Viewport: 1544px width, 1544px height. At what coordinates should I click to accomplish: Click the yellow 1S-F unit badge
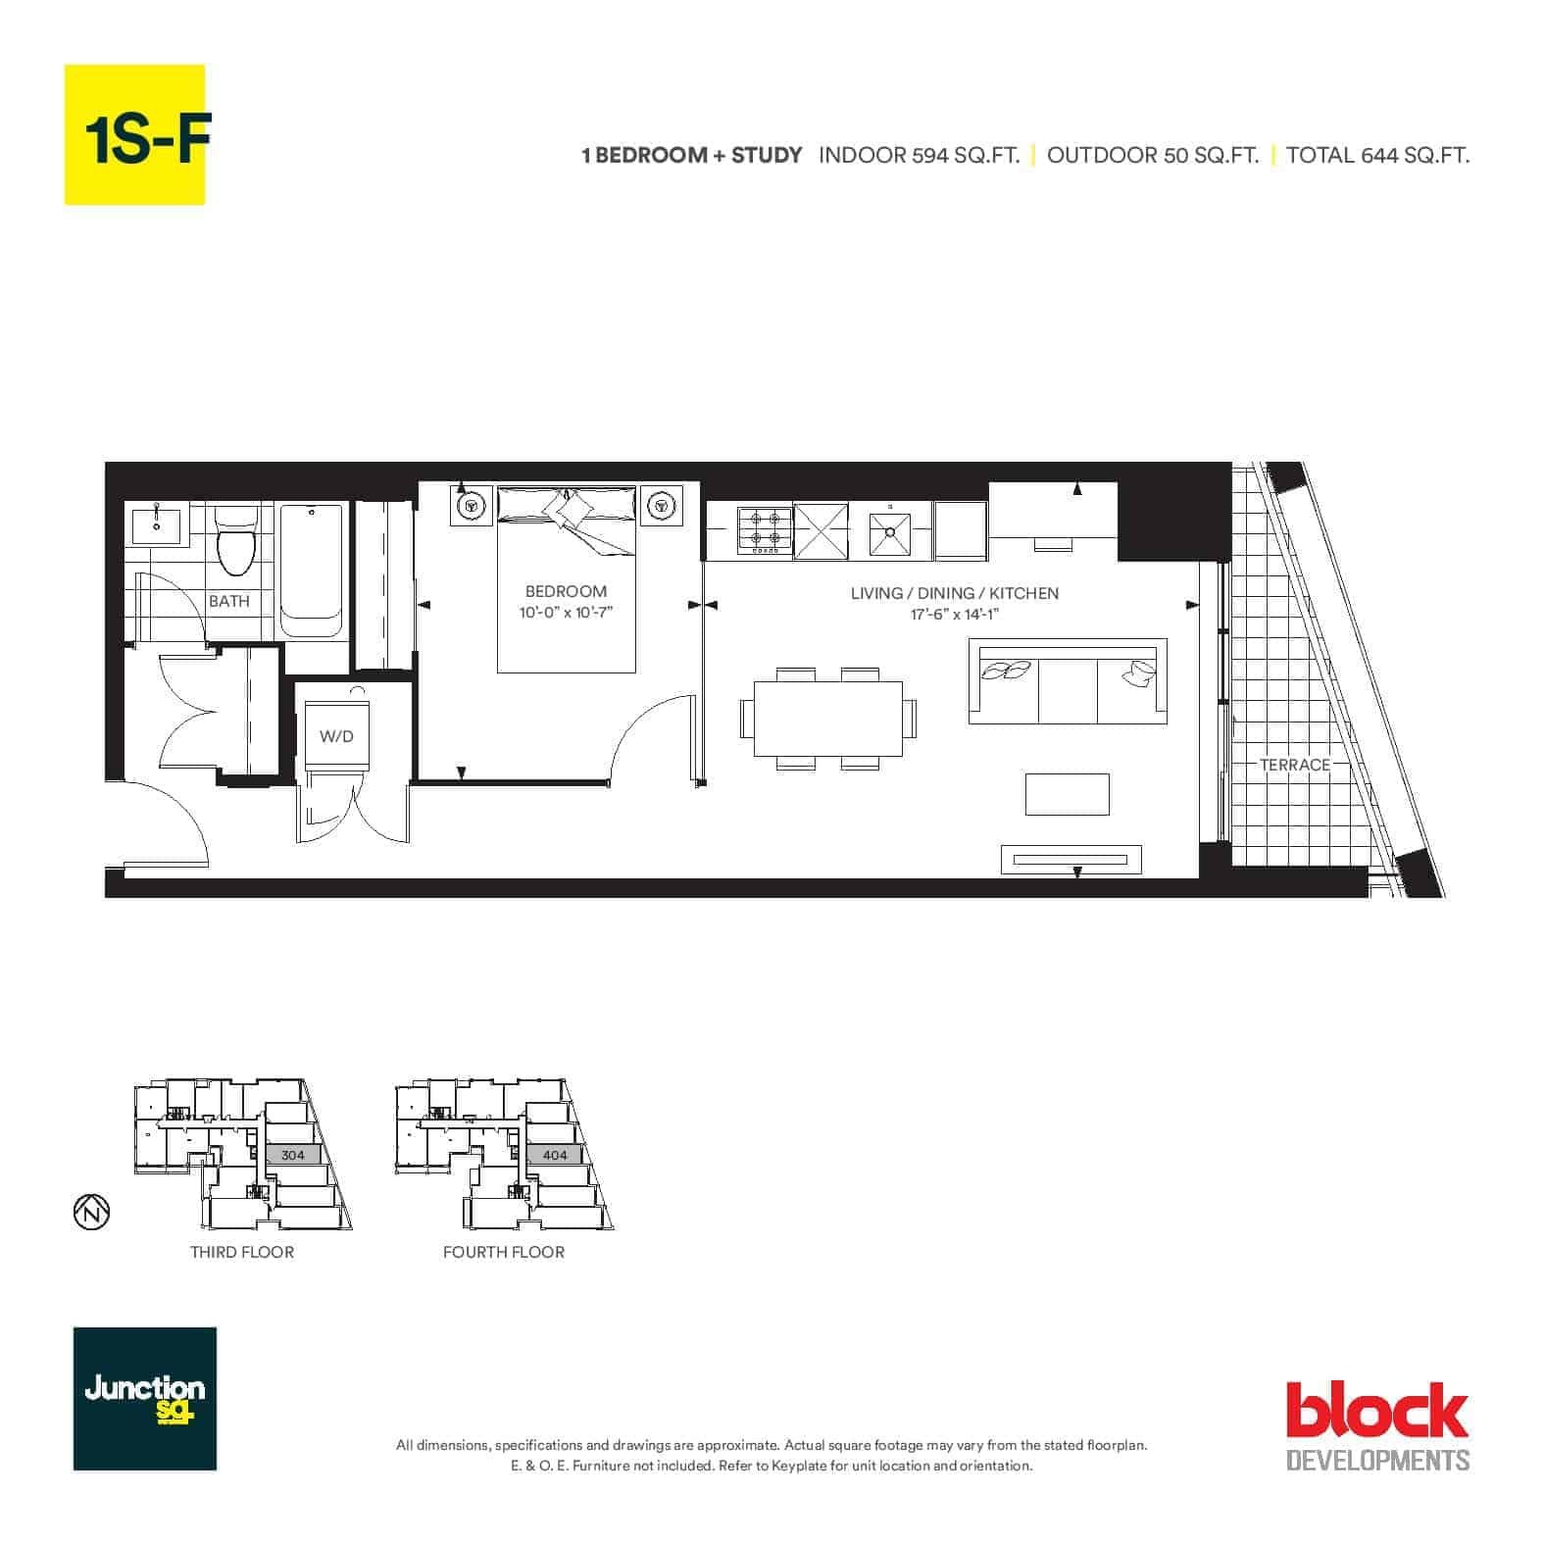pyautogui.click(x=134, y=134)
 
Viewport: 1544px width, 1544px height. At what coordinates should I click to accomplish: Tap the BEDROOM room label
pyautogui.click(x=566, y=591)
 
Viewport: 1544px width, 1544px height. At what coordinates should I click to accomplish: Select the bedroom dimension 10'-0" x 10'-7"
pyautogui.click(x=566, y=614)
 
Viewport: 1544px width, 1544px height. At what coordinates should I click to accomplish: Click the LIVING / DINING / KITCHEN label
pyautogui.click(x=954, y=593)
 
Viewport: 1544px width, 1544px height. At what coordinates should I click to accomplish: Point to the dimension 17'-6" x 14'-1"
pyautogui.click(x=954, y=615)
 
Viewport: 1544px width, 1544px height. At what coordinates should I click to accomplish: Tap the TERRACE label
pyautogui.click(x=1295, y=765)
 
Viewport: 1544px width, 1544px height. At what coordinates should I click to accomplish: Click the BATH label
pyautogui.click(x=229, y=601)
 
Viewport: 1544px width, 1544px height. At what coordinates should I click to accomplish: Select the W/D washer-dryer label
pyautogui.click(x=336, y=736)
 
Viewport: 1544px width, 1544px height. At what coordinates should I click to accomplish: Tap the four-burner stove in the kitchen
pyautogui.click(x=765, y=530)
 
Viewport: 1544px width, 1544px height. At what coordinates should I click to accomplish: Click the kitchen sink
pyautogui.click(x=889, y=532)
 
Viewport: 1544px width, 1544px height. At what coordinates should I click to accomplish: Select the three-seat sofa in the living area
pyautogui.click(x=1068, y=681)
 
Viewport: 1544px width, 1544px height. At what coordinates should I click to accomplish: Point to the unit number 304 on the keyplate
pyautogui.click(x=293, y=1155)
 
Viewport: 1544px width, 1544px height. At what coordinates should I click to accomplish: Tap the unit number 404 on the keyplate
pyautogui.click(x=555, y=1155)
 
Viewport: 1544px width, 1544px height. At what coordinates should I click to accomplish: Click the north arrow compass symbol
pyautogui.click(x=91, y=1212)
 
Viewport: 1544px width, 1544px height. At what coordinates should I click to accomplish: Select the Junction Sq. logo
pyautogui.click(x=145, y=1399)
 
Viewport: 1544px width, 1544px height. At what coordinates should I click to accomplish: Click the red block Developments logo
pyautogui.click(x=1377, y=1425)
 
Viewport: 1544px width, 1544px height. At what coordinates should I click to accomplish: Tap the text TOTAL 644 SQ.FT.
pyautogui.click(x=1377, y=155)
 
